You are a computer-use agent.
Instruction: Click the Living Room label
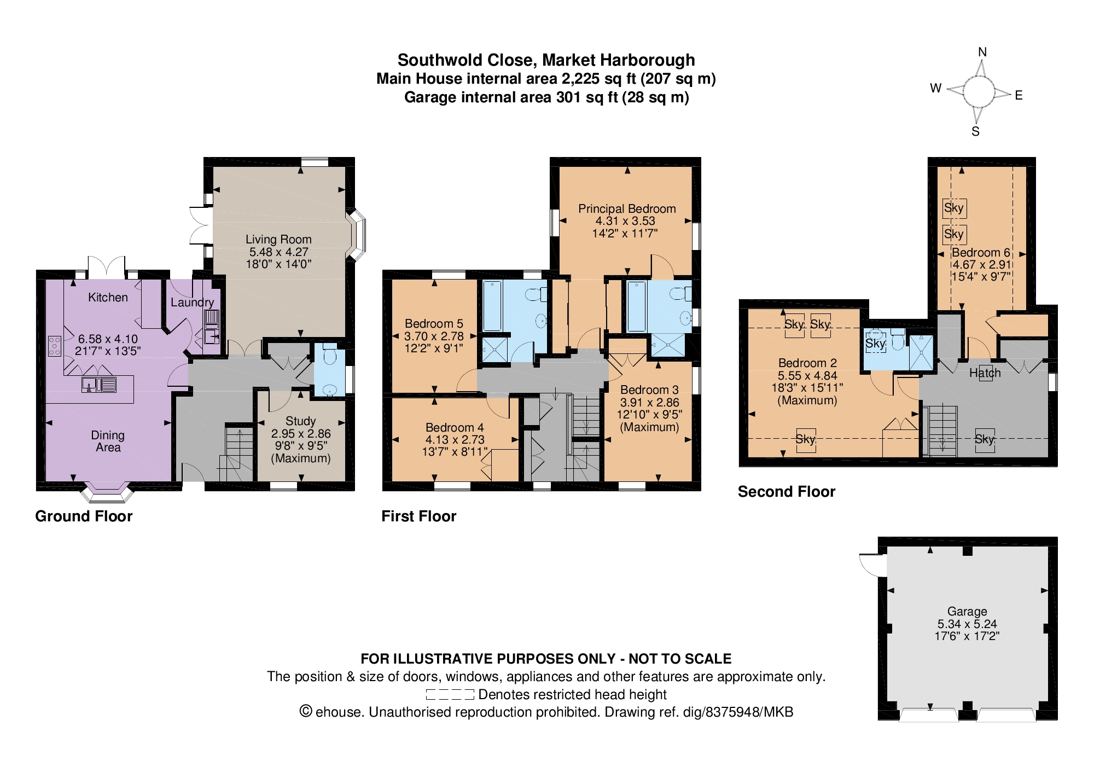[278, 240]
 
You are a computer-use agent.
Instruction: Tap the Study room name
[301, 421]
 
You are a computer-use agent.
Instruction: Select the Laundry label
[192, 303]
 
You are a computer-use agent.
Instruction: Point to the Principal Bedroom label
[627, 209]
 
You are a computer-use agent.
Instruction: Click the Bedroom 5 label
[434, 324]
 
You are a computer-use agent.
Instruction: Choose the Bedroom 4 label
[455, 428]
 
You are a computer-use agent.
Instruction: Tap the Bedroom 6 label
[981, 253]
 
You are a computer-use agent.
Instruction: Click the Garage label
[967, 612]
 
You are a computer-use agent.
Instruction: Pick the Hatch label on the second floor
[985, 373]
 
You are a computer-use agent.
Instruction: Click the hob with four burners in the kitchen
[55, 346]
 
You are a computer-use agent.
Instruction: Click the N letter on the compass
[982, 52]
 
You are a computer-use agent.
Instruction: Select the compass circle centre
[979, 92]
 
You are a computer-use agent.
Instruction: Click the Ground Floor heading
[84, 516]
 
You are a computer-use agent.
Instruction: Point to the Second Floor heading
[787, 492]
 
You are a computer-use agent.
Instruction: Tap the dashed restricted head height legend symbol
[450, 695]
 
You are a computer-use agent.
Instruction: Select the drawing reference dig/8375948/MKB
[738, 712]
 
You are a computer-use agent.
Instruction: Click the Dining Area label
[108, 441]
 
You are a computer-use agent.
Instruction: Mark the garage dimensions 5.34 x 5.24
[967, 624]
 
